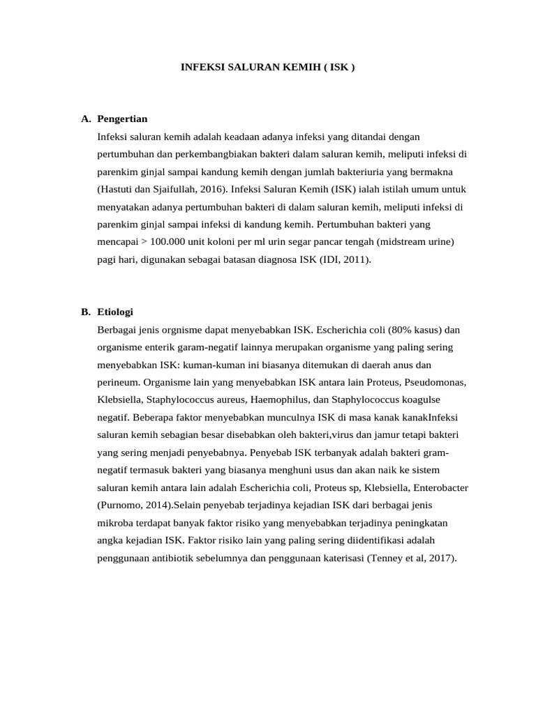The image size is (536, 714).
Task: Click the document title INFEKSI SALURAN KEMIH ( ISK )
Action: [268, 68]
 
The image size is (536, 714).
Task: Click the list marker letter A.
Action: [85, 119]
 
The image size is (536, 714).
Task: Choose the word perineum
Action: [118, 382]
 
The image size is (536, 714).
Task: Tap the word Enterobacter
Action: [438, 487]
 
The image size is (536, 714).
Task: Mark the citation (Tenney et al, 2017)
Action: [411, 558]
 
